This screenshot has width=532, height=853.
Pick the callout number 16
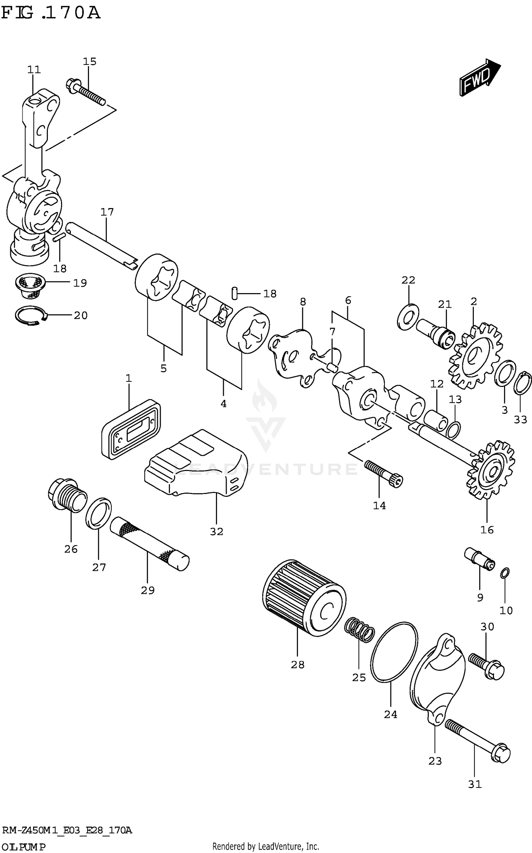(x=487, y=530)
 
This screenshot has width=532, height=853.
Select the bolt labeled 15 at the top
(x=85, y=92)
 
